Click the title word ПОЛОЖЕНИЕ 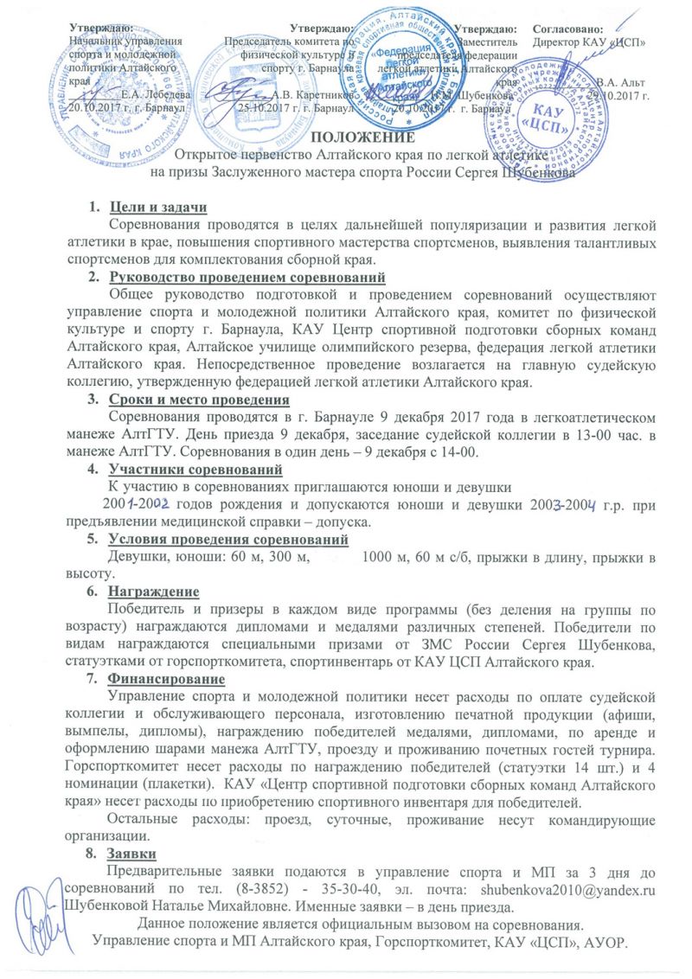pyautogui.click(x=356, y=138)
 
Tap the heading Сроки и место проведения pyautogui.click(x=198, y=400)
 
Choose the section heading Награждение pyautogui.click(x=154, y=592)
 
